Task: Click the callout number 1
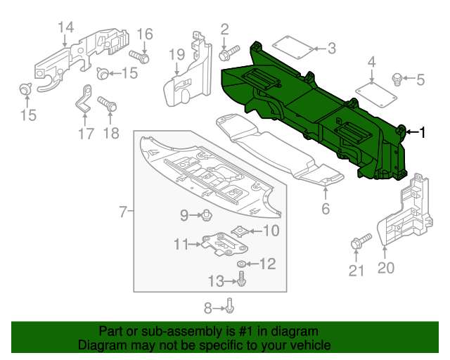point(423,131)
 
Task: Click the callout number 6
point(326,208)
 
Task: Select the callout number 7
point(122,211)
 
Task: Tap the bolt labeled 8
point(230,306)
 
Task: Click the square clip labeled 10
point(240,230)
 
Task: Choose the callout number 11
point(181,244)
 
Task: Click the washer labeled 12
point(242,264)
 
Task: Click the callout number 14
point(65,27)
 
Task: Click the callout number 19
point(176,54)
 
